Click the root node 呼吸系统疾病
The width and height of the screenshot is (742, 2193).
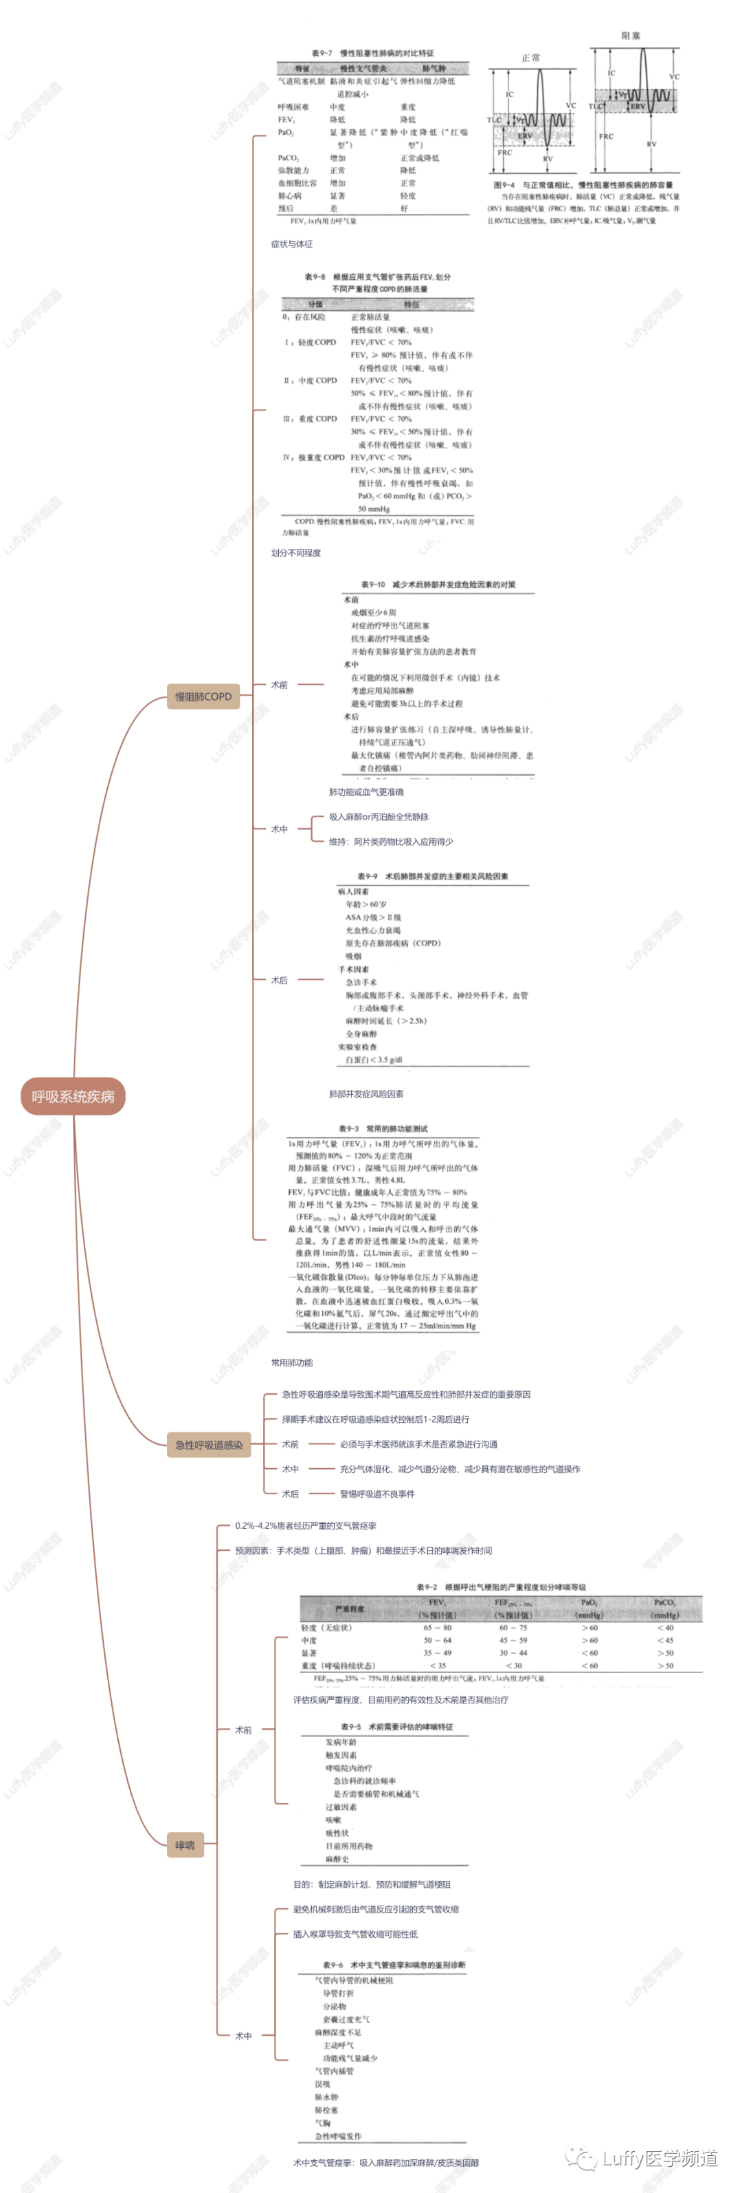[x=74, y=1096]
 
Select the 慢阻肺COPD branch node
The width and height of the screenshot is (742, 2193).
[x=203, y=697]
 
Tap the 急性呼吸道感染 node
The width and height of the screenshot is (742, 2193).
[x=208, y=1445]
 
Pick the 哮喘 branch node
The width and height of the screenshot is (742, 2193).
[x=185, y=1846]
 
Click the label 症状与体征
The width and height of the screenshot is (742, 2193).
[x=292, y=244]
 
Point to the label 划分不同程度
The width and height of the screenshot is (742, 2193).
[x=296, y=554]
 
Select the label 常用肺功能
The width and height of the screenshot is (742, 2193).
[x=292, y=1363]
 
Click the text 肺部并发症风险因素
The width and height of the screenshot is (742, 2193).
[x=366, y=1094]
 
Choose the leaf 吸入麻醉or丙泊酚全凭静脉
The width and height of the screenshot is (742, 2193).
[x=379, y=817]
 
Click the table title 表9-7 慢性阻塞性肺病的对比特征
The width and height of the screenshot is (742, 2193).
[x=372, y=53]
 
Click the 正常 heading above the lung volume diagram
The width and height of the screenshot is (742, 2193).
[x=531, y=58]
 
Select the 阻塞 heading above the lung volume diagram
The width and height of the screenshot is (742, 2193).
[x=631, y=36]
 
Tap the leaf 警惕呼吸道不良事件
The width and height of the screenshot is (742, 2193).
[x=377, y=1494]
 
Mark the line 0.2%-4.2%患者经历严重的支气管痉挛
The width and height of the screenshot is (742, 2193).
[x=306, y=1525]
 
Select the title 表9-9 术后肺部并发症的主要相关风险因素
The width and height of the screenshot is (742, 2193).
[x=432, y=876]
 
